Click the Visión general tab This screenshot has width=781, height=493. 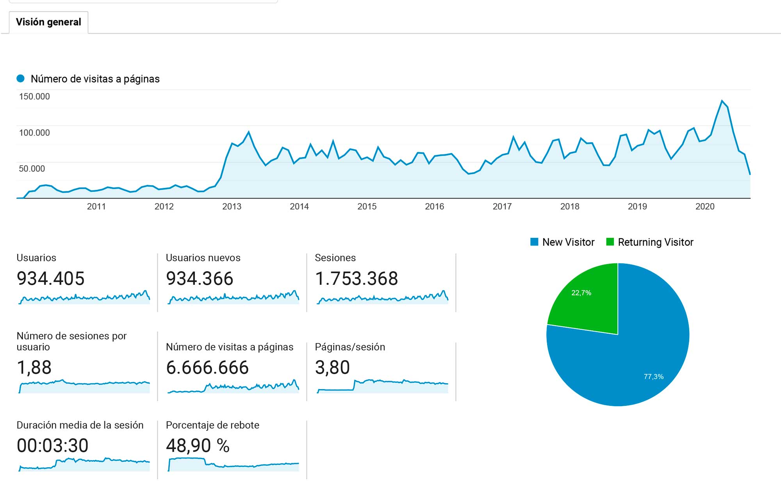[48, 22]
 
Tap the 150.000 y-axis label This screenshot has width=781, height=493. [34, 96]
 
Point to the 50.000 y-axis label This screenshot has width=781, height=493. [32, 169]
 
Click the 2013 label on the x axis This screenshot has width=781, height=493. [232, 207]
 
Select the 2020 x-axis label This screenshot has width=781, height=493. [705, 207]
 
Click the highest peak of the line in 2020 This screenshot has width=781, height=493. [722, 101]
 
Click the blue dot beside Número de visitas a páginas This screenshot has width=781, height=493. [21, 79]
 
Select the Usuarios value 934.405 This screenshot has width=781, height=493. [50, 279]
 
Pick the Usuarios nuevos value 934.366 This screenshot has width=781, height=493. [200, 279]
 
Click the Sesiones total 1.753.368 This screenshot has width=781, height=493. [356, 279]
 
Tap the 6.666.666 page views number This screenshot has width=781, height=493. [207, 368]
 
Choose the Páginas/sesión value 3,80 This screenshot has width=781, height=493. [332, 368]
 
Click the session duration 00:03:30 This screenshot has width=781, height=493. [53, 446]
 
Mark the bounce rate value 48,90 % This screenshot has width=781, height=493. [198, 446]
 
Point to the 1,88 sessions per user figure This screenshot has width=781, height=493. [34, 368]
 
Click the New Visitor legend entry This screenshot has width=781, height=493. [562, 242]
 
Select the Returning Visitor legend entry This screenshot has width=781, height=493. [650, 242]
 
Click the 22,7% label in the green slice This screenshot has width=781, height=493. [581, 293]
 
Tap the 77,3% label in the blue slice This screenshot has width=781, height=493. [653, 377]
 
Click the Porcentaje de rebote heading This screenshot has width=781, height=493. [212, 425]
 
